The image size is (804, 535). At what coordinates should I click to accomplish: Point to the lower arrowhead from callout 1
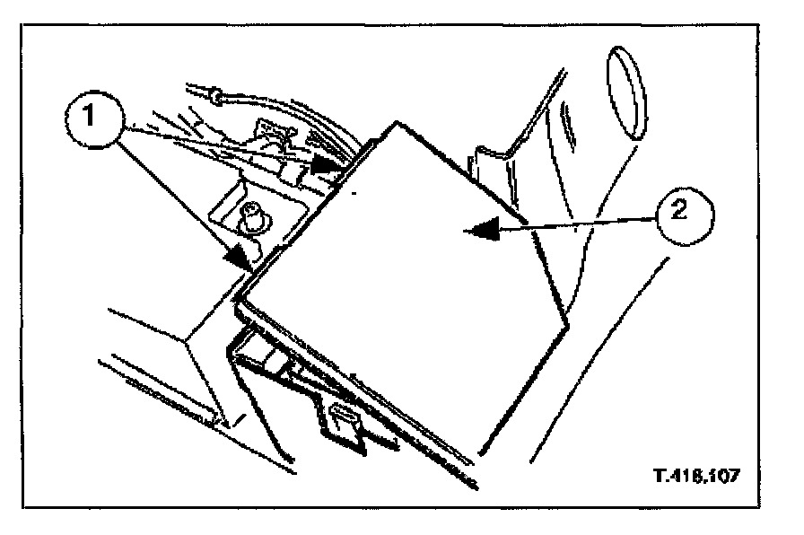tap(240, 257)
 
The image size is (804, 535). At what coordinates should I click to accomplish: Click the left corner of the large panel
tap(240, 298)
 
